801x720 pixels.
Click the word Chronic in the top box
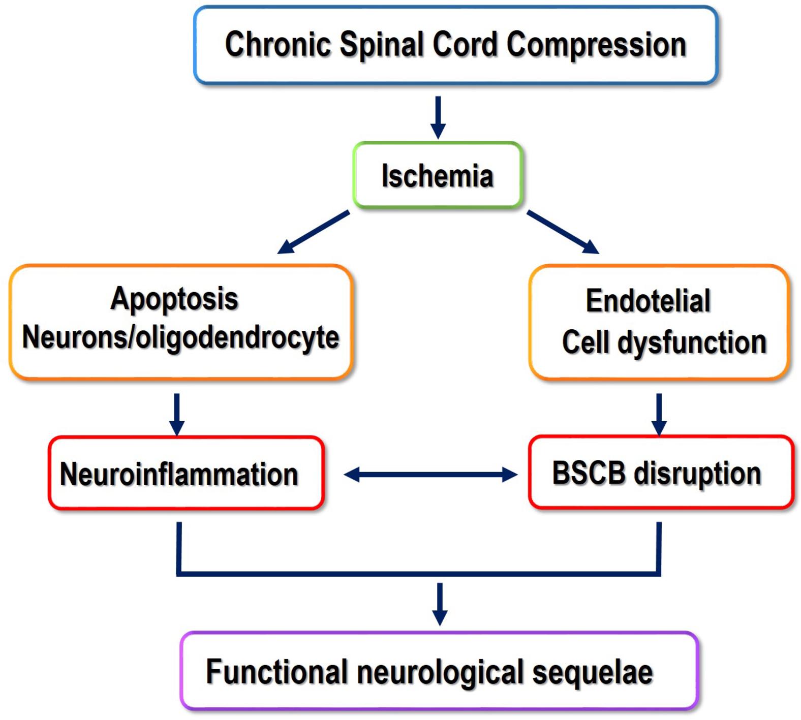click(278, 45)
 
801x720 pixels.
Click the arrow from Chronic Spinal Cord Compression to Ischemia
click(438, 117)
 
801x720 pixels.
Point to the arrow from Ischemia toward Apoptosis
click(313, 232)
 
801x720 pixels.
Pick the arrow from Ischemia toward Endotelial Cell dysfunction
click(563, 232)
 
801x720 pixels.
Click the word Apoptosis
click(174, 299)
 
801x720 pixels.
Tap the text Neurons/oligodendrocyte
click(180, 337)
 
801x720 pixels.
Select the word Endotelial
click(648, 301)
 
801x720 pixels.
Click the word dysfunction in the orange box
click(692, 342)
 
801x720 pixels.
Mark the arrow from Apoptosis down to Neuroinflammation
click(177, 414)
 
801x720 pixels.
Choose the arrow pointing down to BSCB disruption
click(659, 414)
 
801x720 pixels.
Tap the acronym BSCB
click(589, 473)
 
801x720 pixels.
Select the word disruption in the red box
click(698, 474)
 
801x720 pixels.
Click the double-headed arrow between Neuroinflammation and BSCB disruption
click(430, 475)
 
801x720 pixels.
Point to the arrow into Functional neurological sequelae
click(440, 604)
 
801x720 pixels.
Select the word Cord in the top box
click(465, 45)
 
